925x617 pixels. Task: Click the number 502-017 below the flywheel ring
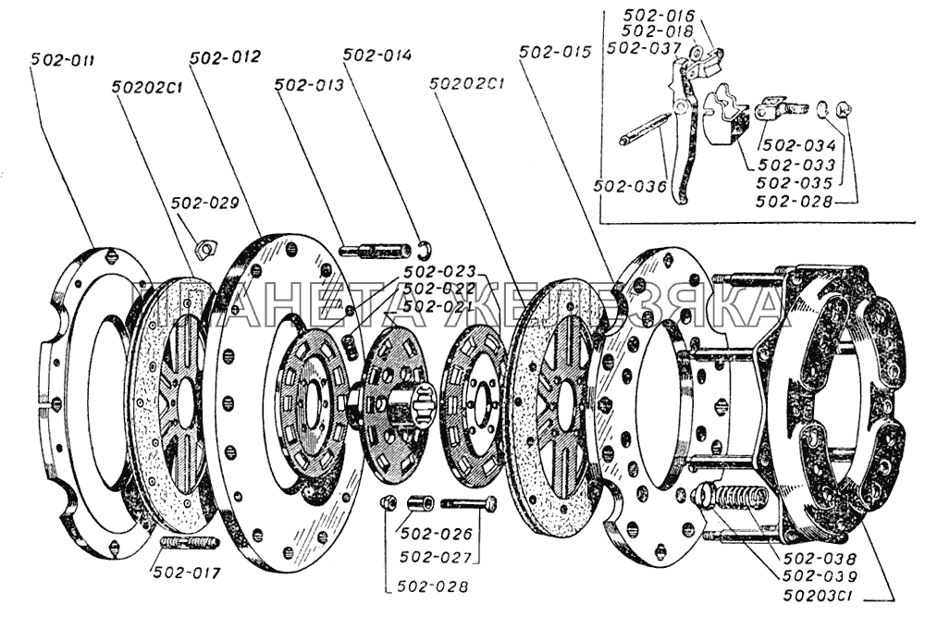tap(188, 573)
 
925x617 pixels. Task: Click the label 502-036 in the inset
tap(633, 186)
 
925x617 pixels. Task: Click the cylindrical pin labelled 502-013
tap(375, 250)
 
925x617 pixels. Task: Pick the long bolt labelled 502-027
tap(469, 504)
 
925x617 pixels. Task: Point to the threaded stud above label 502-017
tap(190, 542)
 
